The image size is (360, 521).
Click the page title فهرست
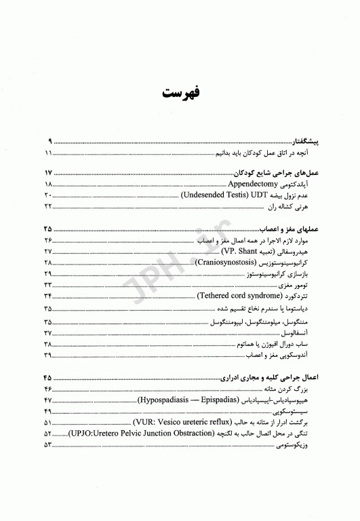coord(180,92)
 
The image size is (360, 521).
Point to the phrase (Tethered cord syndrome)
coord(237,296)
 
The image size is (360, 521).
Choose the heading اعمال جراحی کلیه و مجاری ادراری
coord(267,378)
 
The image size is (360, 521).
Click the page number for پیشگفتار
coord(50,142)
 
